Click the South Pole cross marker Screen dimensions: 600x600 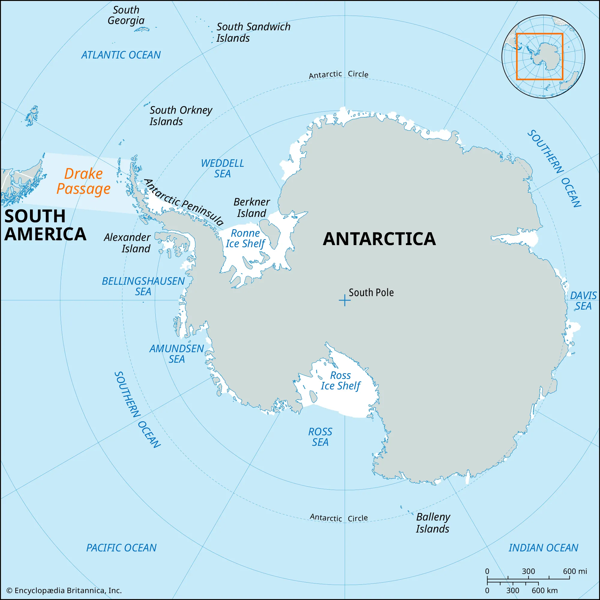click(344, 300)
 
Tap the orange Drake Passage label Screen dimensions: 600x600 click(83, 181)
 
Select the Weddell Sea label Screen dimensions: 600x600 click(222, 168)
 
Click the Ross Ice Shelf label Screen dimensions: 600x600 click(340, 380)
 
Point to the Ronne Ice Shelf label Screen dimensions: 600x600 click(245, 238)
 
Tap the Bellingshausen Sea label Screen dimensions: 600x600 click(143, 286)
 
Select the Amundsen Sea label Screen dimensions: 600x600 click(176, 354)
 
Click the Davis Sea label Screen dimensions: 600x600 click(583, 301)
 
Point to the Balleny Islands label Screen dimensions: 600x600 click(433, 523)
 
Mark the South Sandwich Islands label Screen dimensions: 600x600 click(253, 32)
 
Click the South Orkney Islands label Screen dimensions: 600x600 click(181, 115)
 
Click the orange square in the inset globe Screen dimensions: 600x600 click(539, 34)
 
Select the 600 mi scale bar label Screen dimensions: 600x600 click(574, 571)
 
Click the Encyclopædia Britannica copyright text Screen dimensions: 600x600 click(64, 590)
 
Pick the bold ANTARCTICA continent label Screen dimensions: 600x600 click(379, 239)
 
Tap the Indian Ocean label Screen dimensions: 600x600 click(543, 548)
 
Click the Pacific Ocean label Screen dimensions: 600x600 click(121, 548)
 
